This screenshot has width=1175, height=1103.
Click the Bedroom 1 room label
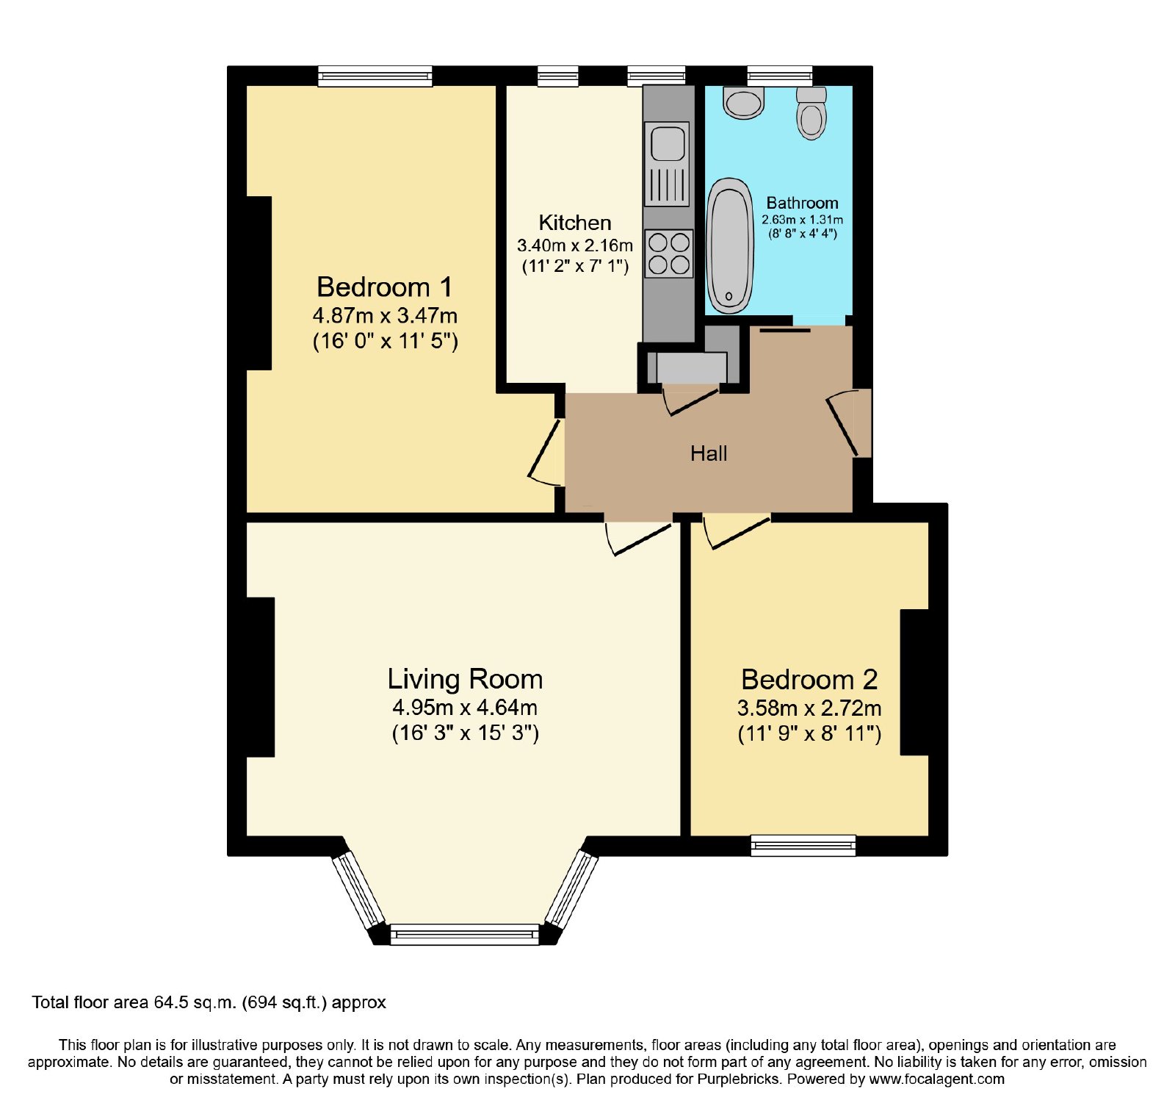(x=384, y=287)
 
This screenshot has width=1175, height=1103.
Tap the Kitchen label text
(x=575, y=223)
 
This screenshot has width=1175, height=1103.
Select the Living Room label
(x=465, y=680)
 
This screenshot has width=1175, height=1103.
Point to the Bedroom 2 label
(x=809, y=680)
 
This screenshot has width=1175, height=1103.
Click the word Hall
(x=709, y=453)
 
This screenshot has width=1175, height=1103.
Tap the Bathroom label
(x=802, y=203)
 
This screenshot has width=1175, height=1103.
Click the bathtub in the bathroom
(x=731, y=245)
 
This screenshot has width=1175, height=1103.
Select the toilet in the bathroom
(x=811, y=112)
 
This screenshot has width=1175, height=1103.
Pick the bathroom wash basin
(x=745, y=102)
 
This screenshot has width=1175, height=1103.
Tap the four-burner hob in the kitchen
(x=669, y=254)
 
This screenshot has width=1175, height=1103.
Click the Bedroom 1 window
(x=375, y=76)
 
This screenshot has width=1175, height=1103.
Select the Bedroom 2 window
(x=803, y=845)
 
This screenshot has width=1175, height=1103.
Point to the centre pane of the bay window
(x=465, y=935)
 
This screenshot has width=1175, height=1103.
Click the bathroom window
(x=780, y=76)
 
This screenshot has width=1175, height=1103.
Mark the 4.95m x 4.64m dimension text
(x=465, y=708)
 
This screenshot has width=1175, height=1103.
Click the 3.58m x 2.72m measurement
(x=809, y=708)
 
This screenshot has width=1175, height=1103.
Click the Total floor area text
(x=209, y=1002)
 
